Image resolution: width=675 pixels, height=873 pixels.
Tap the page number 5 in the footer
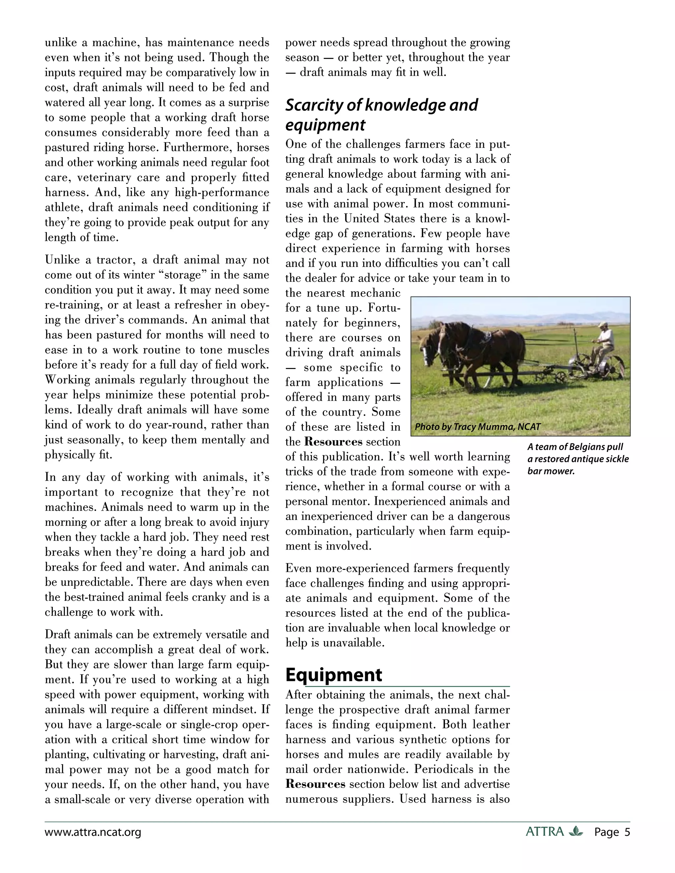(x=627, y=832)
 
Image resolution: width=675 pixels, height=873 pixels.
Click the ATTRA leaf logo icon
(x=575, y=831)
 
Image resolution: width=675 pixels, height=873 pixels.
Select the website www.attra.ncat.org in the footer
(x=93, y=832)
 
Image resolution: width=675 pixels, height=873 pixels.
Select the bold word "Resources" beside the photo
(x=334, y=442)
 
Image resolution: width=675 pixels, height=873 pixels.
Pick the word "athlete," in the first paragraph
(x=64, y=208)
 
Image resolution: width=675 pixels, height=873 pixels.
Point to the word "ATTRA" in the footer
(x=544, y=832)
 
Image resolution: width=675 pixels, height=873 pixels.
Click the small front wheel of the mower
(x=561, y=377)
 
